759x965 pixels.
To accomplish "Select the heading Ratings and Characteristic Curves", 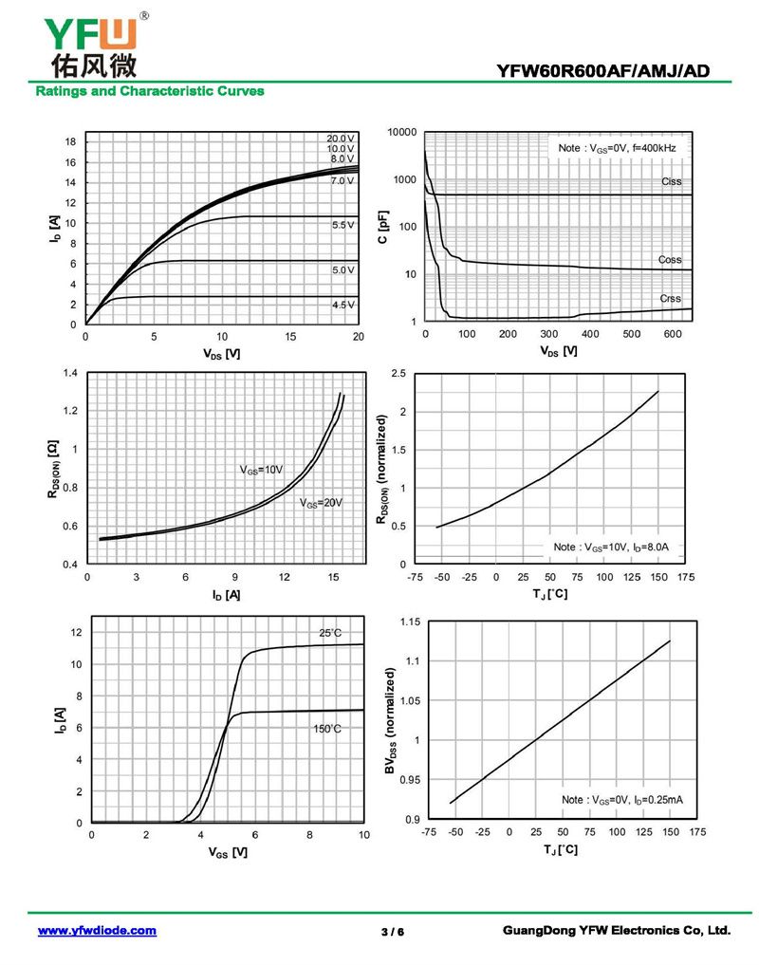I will pyautogui.click(x=150, y=91).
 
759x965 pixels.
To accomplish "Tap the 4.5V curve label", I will pyautogui.click(x=342, y=305).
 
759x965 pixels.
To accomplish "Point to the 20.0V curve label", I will pyautogui.click(x=341, y=139).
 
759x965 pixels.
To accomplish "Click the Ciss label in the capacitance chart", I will pyautogui.click(x=671, y=181).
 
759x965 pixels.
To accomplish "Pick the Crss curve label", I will pyautogui.click(x=671, y=299).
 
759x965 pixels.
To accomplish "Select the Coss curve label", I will pyautogui.click(x=670, y=259).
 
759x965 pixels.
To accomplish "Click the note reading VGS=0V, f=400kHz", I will pyautogui.click(x=617, y=148).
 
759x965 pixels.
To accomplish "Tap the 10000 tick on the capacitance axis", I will pyautogui.click(x=403, y=132).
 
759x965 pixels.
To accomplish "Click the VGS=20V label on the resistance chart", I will pyautogui.click(x=320, y=503).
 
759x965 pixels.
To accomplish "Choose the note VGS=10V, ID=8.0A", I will pyautogui.click(x=612, y=547).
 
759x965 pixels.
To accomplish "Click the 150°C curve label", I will pyautogui.click(x=326, y=729).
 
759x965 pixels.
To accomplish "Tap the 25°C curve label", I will pyautogui.click(x=329, y=633).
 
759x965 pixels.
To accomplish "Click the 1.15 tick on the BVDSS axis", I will pyautogui.click(x=410, y=622).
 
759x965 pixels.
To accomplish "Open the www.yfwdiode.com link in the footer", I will pyautogui.click(x=97, y=931).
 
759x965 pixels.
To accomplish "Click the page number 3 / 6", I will pyautogui.click(x=393, y=932).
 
